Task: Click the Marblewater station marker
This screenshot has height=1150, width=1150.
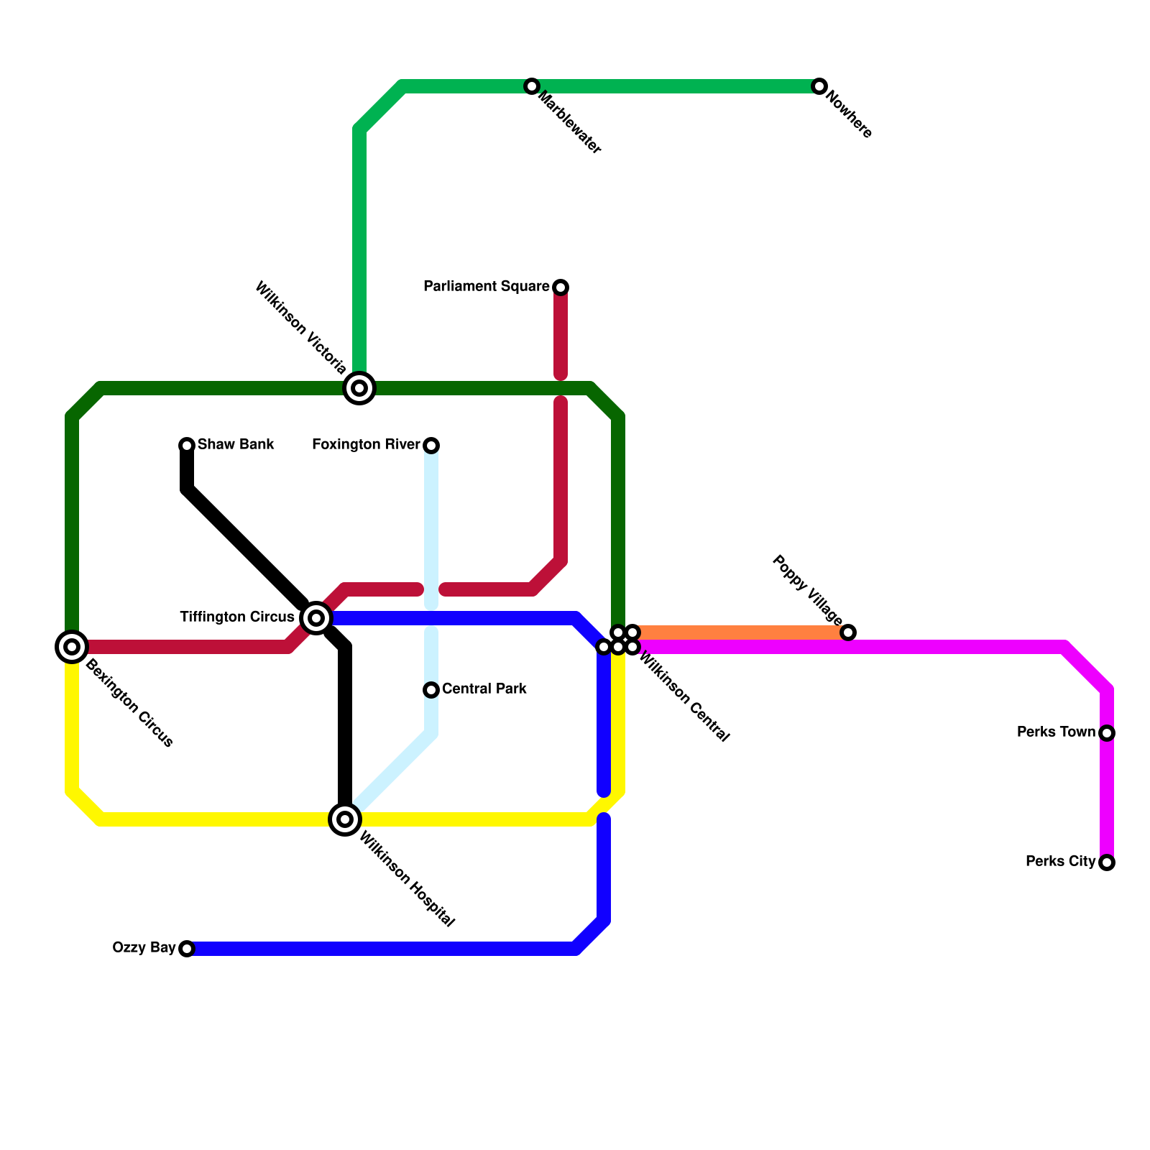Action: point(532,86)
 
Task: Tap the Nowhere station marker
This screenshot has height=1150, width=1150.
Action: point(819,86)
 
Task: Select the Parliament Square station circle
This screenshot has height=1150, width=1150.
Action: point(561,287)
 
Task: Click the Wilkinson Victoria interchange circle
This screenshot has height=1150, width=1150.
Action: point(359,388)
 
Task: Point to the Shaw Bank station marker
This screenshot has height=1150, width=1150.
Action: point(187,446)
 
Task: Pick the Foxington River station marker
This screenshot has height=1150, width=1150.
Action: point(431,446)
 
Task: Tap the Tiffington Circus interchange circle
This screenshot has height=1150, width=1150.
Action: point(316,618)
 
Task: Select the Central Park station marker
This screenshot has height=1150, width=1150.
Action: point(431,690)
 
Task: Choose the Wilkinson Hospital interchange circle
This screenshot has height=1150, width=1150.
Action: point(345,819)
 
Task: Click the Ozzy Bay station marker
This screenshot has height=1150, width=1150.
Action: point(187,949)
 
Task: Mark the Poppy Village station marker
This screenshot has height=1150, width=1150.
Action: point(848,632)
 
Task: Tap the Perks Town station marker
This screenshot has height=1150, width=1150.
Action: point(1107,733)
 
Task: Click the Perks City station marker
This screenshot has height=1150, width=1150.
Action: point(1107,862)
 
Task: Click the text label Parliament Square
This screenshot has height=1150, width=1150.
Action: point(486,287)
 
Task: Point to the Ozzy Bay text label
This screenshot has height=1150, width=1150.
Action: point(144,948)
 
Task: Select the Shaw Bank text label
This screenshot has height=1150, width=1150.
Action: point(236,445)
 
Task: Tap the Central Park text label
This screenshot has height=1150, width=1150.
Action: point(484,689)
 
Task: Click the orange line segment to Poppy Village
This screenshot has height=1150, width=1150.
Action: point(740,633)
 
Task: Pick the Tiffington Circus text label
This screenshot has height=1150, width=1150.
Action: point(237,617)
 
